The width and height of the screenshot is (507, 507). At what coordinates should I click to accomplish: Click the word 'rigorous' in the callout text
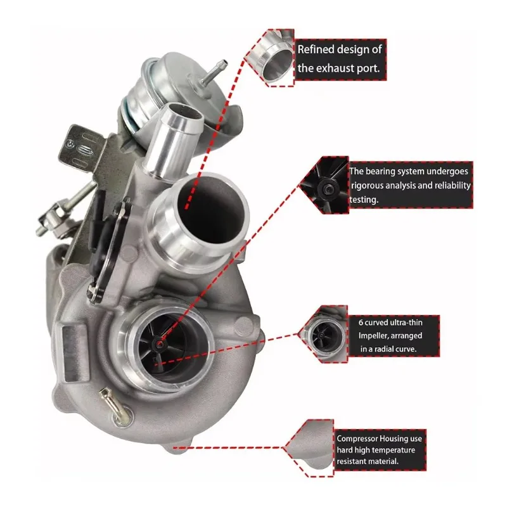click(369, 185)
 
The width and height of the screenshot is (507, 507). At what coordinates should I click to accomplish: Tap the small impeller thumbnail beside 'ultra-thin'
click(329, 333)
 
